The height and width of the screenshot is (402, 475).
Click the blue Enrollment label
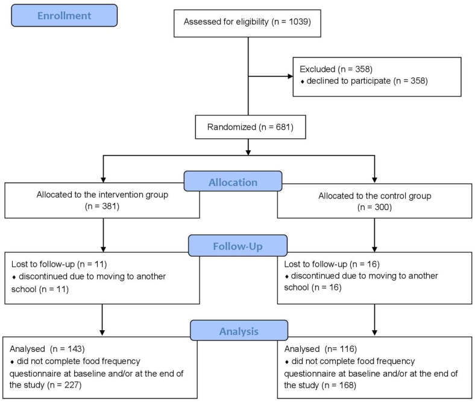[64, 16]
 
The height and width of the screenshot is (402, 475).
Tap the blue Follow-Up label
[238, 246]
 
